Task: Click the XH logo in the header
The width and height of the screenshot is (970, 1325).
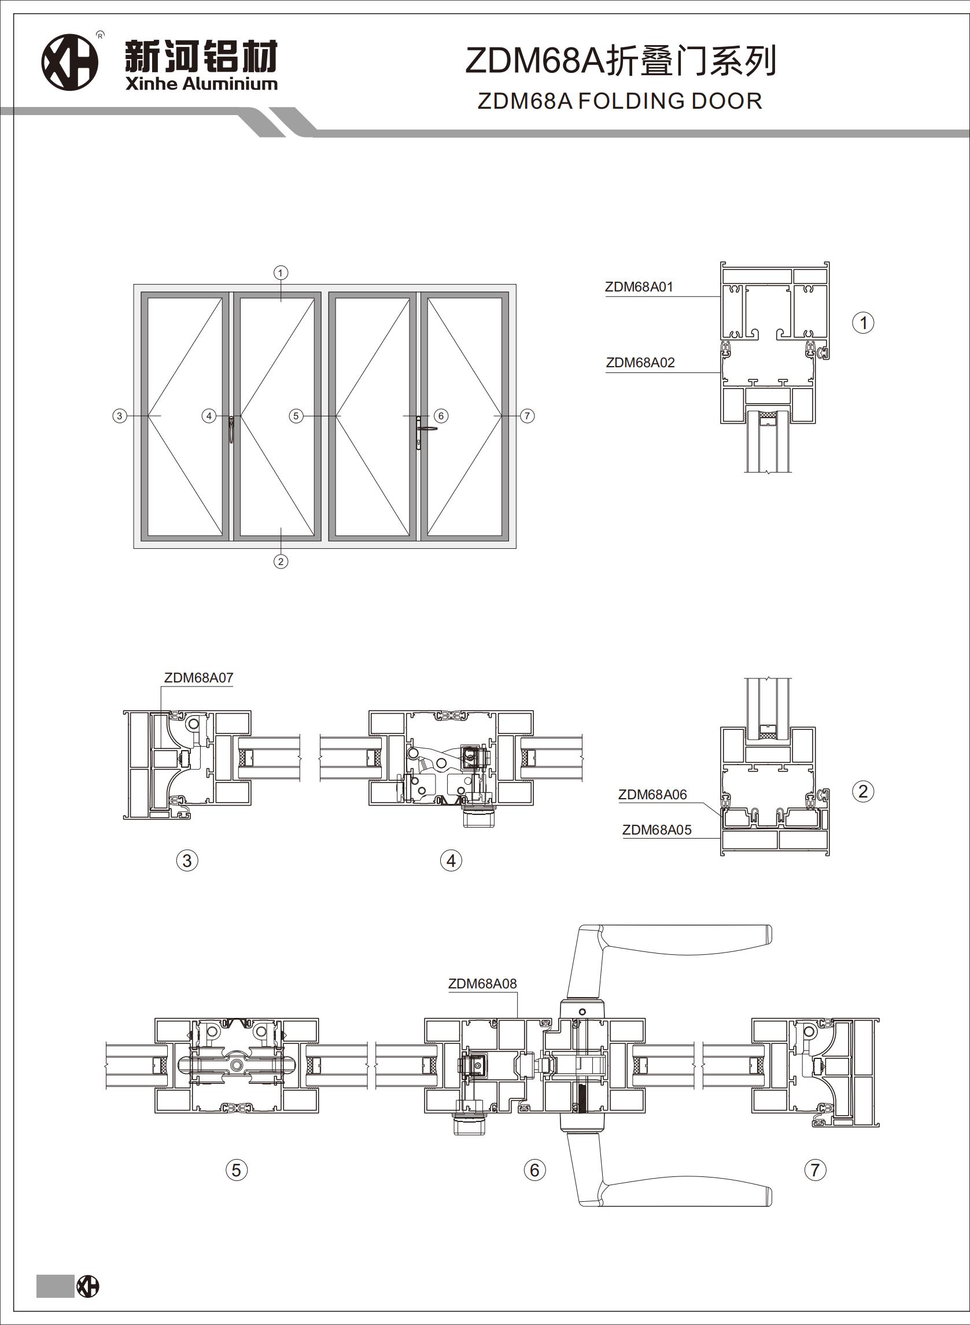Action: coord(69,62)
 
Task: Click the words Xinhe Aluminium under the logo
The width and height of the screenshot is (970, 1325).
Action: coord(201,84)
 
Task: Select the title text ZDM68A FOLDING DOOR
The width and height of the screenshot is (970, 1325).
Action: coord(619,101)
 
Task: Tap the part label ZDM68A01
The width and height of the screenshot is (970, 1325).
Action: coord(639,287)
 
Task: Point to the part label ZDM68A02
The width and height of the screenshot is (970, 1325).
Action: coord(640,363)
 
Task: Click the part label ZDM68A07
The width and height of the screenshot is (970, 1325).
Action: coord(198,677)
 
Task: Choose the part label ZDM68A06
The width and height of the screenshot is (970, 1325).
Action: coord(652,795)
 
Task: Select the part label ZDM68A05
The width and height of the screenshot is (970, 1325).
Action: coord(656,830)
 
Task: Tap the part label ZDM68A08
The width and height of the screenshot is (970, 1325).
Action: coord(482,984)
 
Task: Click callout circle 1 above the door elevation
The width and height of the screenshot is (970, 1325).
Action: coord(281,273)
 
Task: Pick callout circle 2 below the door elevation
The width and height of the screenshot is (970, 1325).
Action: coord(281,562)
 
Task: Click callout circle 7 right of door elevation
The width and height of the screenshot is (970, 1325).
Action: coord(528,416)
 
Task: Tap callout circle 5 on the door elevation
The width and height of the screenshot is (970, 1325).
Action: coord(296,416)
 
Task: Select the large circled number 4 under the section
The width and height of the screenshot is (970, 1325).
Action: coord(451,861)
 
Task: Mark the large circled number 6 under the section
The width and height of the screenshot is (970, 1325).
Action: coord(534,1170)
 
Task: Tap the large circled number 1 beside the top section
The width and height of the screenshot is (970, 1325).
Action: coord(863,323)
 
